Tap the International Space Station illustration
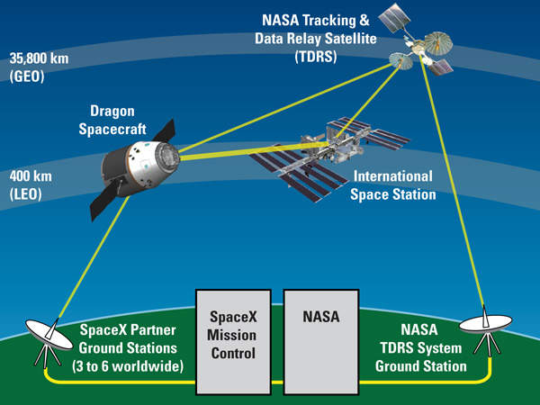coord(328,148)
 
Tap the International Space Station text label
coord(392,184)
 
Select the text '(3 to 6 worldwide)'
coord(128,366)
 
